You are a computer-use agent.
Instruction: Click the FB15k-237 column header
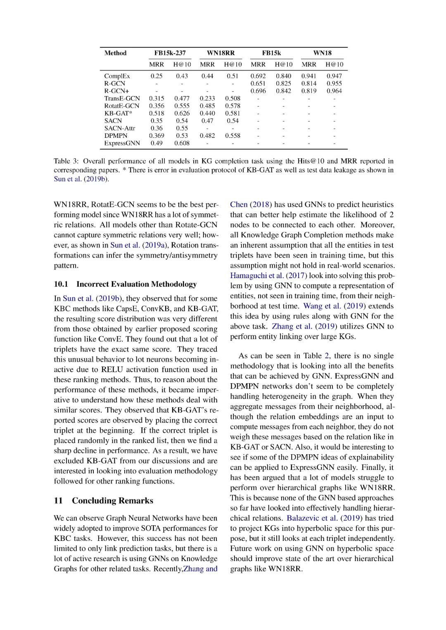click(170, 53)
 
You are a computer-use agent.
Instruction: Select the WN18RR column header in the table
click(221, 53)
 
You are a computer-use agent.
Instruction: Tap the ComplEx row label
click(117, 76)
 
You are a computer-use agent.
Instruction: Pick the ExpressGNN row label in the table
click(122, 143)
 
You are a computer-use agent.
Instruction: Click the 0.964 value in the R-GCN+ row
click(334, 91)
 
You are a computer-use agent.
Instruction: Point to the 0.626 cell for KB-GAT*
click(182, 113)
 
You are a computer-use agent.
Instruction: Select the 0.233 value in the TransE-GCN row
click(207, 98)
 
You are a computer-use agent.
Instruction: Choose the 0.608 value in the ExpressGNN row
click(182, 143)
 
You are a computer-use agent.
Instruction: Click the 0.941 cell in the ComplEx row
click(308, 76)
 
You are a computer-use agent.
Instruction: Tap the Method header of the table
click(115, 53)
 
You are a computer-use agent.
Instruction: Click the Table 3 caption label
click(66, 161)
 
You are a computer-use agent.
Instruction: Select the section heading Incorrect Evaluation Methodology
click(136, 284)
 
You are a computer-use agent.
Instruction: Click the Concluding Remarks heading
click(112, 501)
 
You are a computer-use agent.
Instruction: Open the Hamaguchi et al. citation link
click(256, 276)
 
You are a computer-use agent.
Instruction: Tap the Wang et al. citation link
click(322, 306)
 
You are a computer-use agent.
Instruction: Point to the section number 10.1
click(61, 284)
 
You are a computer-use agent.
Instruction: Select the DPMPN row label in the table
click(116, 136)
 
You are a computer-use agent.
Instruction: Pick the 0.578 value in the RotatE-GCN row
click(232, 106)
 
